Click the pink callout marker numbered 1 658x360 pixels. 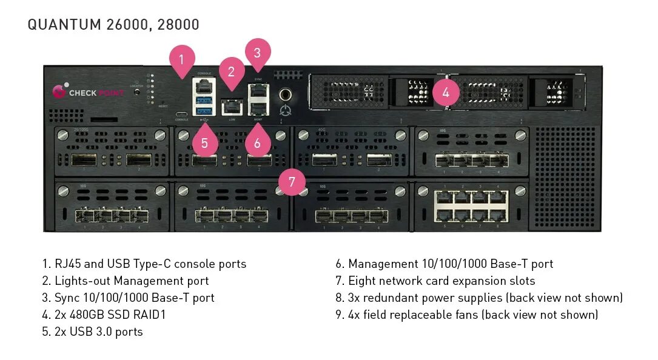pos(182,60)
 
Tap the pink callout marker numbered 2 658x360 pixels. pos(231,72)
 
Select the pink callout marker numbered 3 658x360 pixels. pos(257,53)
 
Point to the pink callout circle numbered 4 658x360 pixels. pos(446,93)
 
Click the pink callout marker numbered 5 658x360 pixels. pos(204,143)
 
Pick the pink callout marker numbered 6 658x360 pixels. pos(258,143)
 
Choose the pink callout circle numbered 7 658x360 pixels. pos(292,181)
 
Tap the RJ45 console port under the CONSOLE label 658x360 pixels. pos(203,85)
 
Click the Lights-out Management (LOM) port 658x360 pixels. pos(231,107)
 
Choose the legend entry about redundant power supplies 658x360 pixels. pos(479,298)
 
